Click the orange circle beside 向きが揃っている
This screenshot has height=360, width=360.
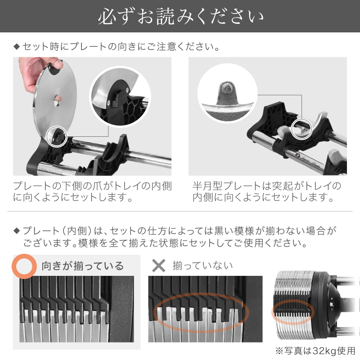(x=23, y=265)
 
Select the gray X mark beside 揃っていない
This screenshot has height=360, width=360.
(x=159, y=265)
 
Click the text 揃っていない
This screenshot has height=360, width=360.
(x=203, y=266)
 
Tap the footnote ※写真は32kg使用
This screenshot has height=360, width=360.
(x=315, y=351)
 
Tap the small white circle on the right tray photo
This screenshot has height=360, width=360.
(x=302, y=129)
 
